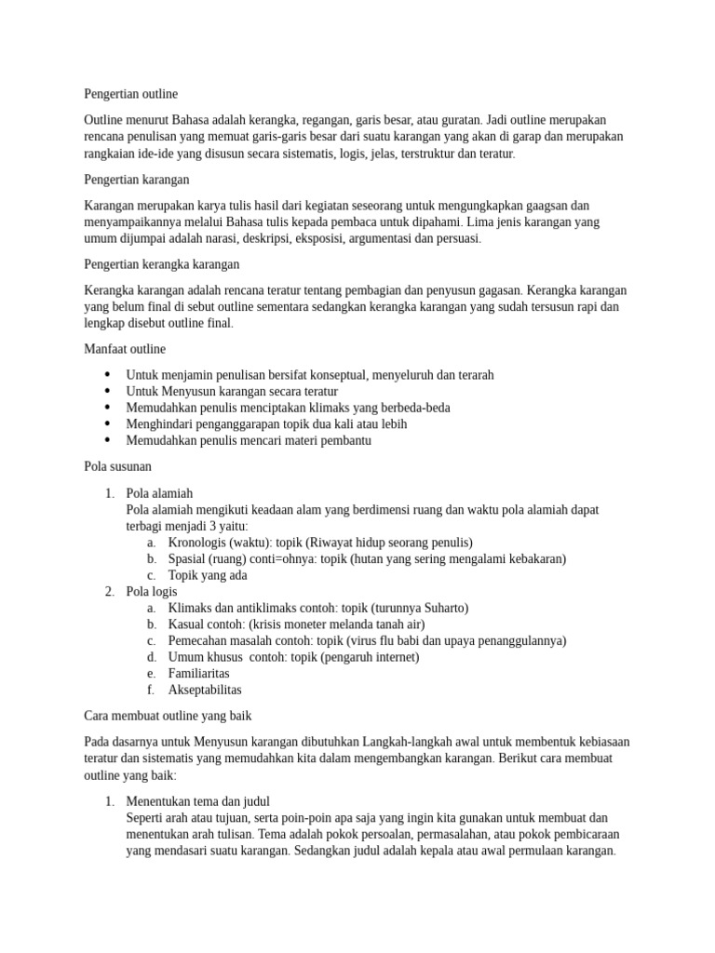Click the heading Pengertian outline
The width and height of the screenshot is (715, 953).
(x=130, y=94)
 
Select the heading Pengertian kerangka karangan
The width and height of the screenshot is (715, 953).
(x=162, y=264)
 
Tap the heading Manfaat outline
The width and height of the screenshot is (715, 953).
(x=125, y=349)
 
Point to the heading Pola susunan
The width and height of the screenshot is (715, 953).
(x=117, y=465)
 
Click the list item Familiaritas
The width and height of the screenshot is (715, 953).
(x=198, y=673)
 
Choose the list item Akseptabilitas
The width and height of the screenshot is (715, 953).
(x=204, y=690)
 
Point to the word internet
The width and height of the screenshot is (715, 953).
(x=390, y=657)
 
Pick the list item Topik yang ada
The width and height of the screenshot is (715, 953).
(x=207, y=575)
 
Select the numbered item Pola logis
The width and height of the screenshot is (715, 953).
(x=151, y=591)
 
